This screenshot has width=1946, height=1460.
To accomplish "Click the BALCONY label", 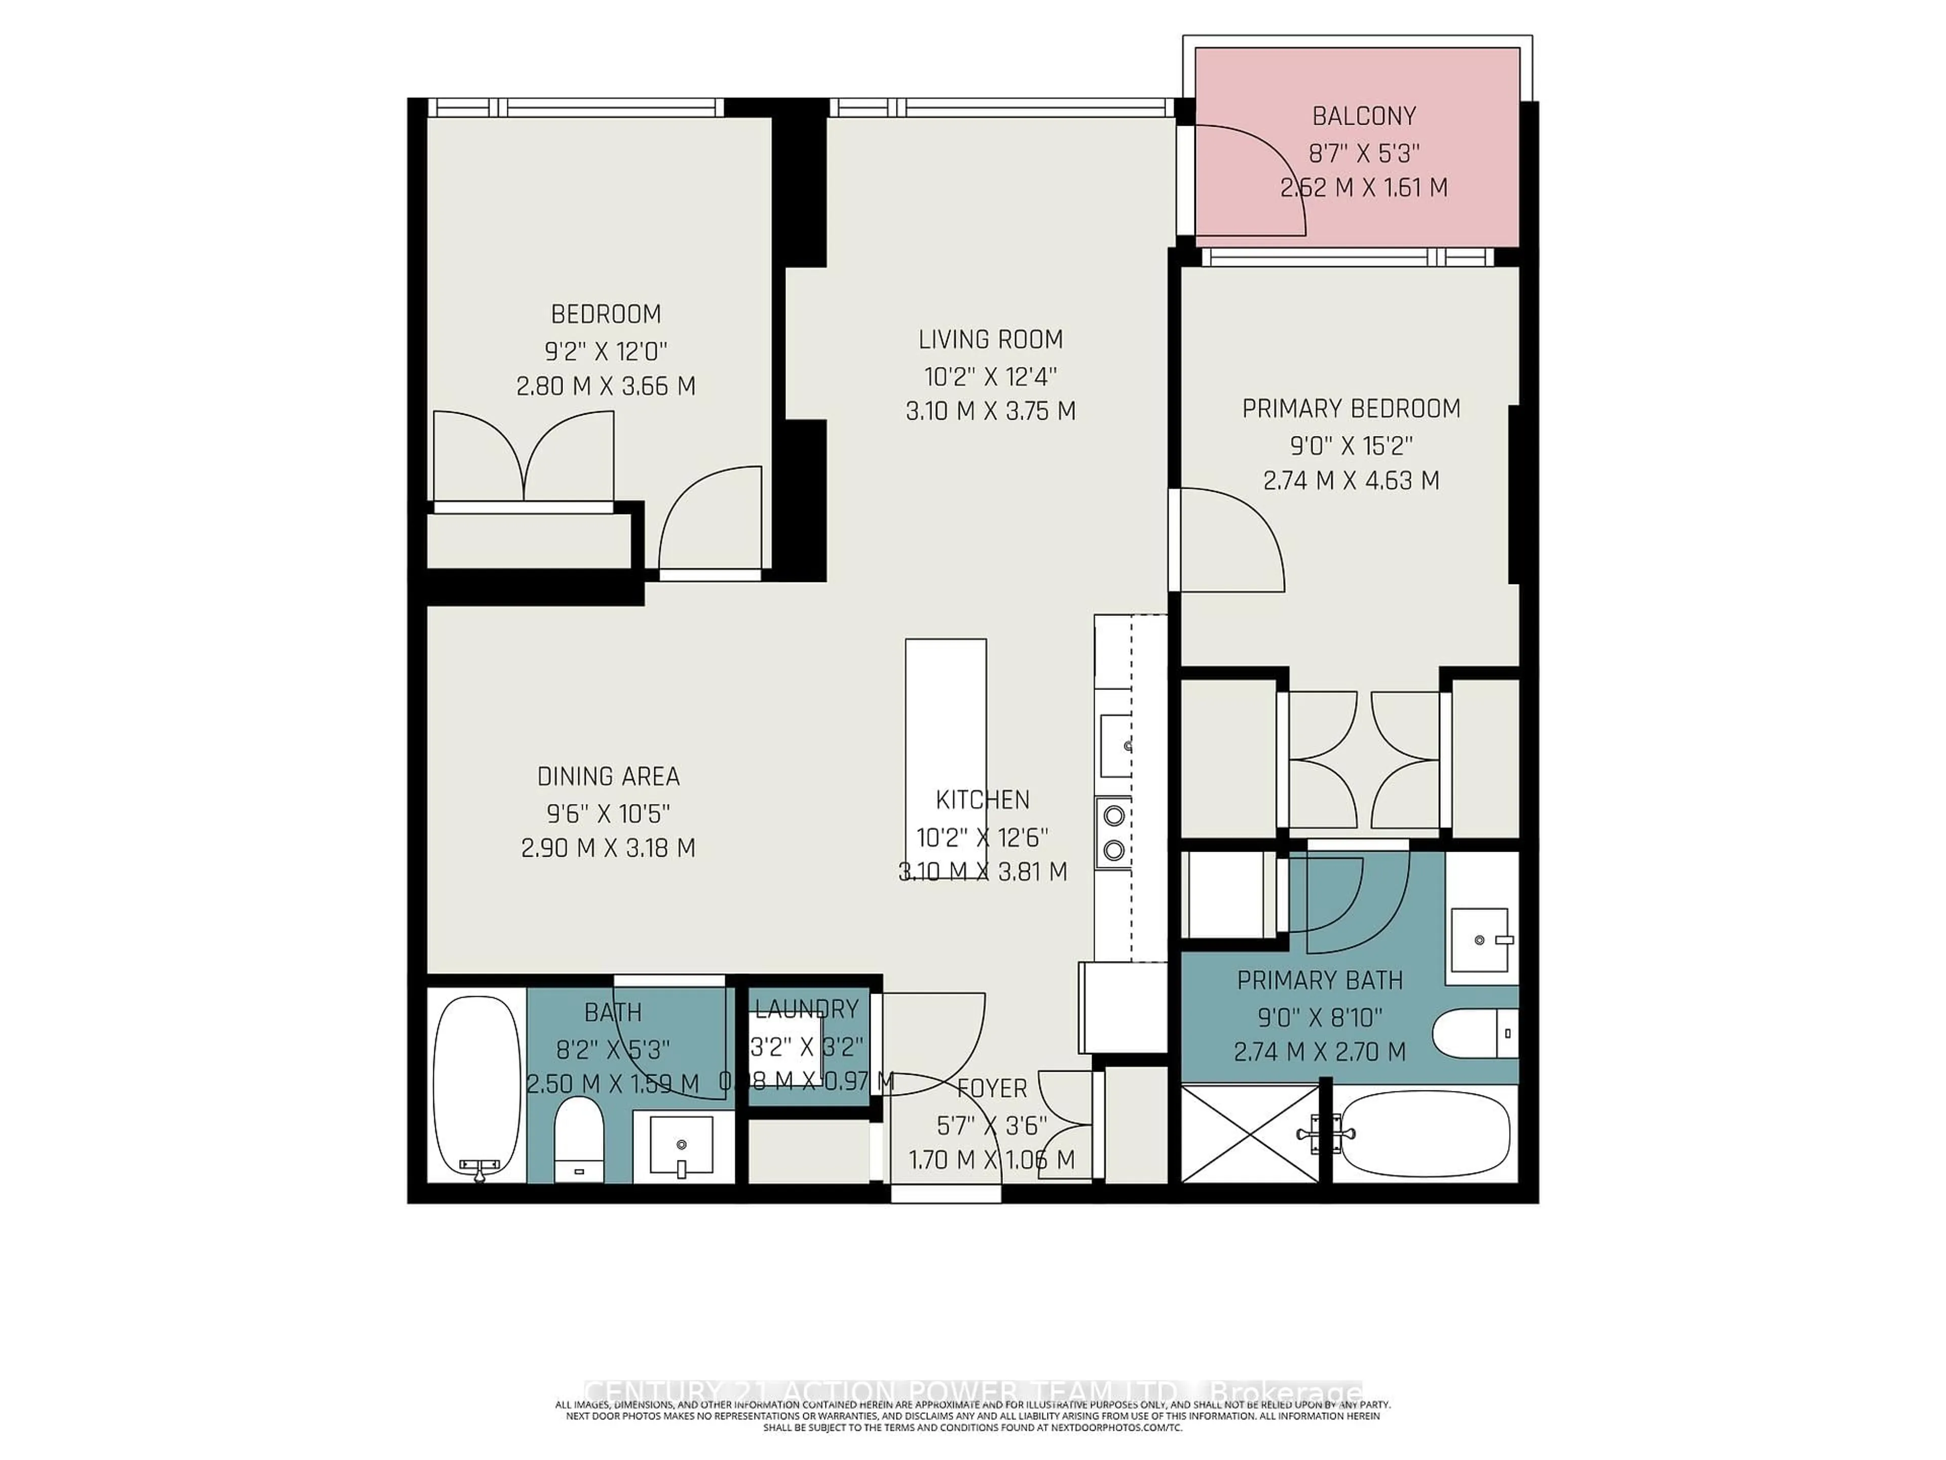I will [x=1364, y=116].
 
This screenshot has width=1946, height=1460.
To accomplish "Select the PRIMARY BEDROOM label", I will [x=1351, y=408].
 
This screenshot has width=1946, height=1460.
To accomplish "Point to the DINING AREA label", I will [x=608, y=776].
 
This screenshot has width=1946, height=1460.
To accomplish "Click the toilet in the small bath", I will [x=578, y=1140].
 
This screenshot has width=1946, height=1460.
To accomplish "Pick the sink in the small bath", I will [x=681, y=1144].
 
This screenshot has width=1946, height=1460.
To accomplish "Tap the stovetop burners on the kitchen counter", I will [x=1114, y=832].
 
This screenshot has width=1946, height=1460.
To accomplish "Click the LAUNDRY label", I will [x=807, y=1008].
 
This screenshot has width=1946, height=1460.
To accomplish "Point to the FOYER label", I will [x=991, y=1088].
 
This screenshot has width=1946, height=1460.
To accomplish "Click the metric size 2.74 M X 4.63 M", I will [x=1351, y=481].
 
